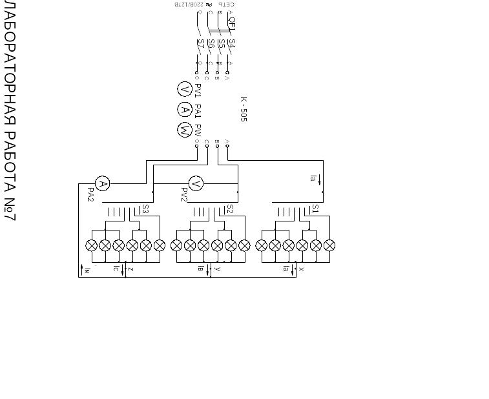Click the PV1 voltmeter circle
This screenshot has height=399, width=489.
(x=185, y=90)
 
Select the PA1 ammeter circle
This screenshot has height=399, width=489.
(x=185, y=110)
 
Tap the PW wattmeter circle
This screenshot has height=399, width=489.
(x=185, y=130)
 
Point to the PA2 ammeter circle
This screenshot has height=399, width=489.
(x=102, y=184)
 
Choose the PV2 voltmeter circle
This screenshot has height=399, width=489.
(x=196, y=184)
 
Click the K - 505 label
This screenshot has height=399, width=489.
(x=244, y=109)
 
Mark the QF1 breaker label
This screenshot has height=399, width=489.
(x=232, y=25)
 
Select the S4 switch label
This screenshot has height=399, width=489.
(x=231, y=44)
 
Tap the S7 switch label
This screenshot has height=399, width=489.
(x=201, y=44)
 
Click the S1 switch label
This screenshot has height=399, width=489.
(x=315, y=209)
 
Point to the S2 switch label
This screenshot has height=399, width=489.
(x=230, y=209)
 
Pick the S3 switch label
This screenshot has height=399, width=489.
(x=145, y=209)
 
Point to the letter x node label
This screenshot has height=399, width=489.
(x=301, y=269)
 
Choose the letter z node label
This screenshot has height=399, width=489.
(x=130, y=269)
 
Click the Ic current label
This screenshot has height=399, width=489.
(x=116, y=268)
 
